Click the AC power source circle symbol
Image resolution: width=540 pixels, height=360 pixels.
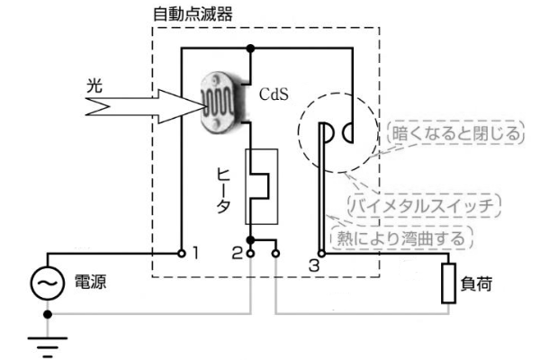click(48, 283)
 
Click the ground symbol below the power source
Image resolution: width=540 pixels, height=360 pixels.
click(48, 342)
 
